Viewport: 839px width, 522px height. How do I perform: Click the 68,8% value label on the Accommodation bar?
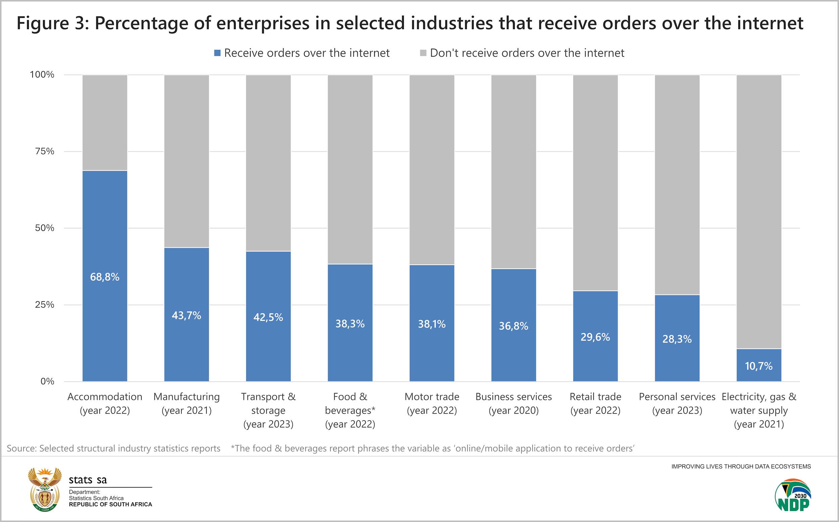click(105, 277)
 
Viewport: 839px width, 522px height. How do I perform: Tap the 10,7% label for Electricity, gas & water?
click(758, 366)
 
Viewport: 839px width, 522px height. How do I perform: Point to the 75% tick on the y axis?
click(45, 151)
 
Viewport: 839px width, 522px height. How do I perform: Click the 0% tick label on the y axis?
click(47, 381)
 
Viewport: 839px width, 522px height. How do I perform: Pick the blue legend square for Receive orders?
click(217, 53)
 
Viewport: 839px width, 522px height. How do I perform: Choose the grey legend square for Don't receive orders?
click(423, 53)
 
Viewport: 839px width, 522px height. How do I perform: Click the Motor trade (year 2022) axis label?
click(432, 403)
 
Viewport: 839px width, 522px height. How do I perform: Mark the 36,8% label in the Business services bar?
click(513, 326)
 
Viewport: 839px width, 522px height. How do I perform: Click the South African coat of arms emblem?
click(45, 489)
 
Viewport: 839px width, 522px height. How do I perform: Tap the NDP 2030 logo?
click(793, 495)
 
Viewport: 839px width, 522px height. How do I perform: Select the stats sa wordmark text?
click(88, 480)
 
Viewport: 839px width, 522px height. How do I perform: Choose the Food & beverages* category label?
click(350, 410)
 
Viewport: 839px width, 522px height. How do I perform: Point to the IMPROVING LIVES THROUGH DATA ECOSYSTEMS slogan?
click(741, 466)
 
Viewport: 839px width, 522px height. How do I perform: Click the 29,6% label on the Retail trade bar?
click(595, 337)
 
